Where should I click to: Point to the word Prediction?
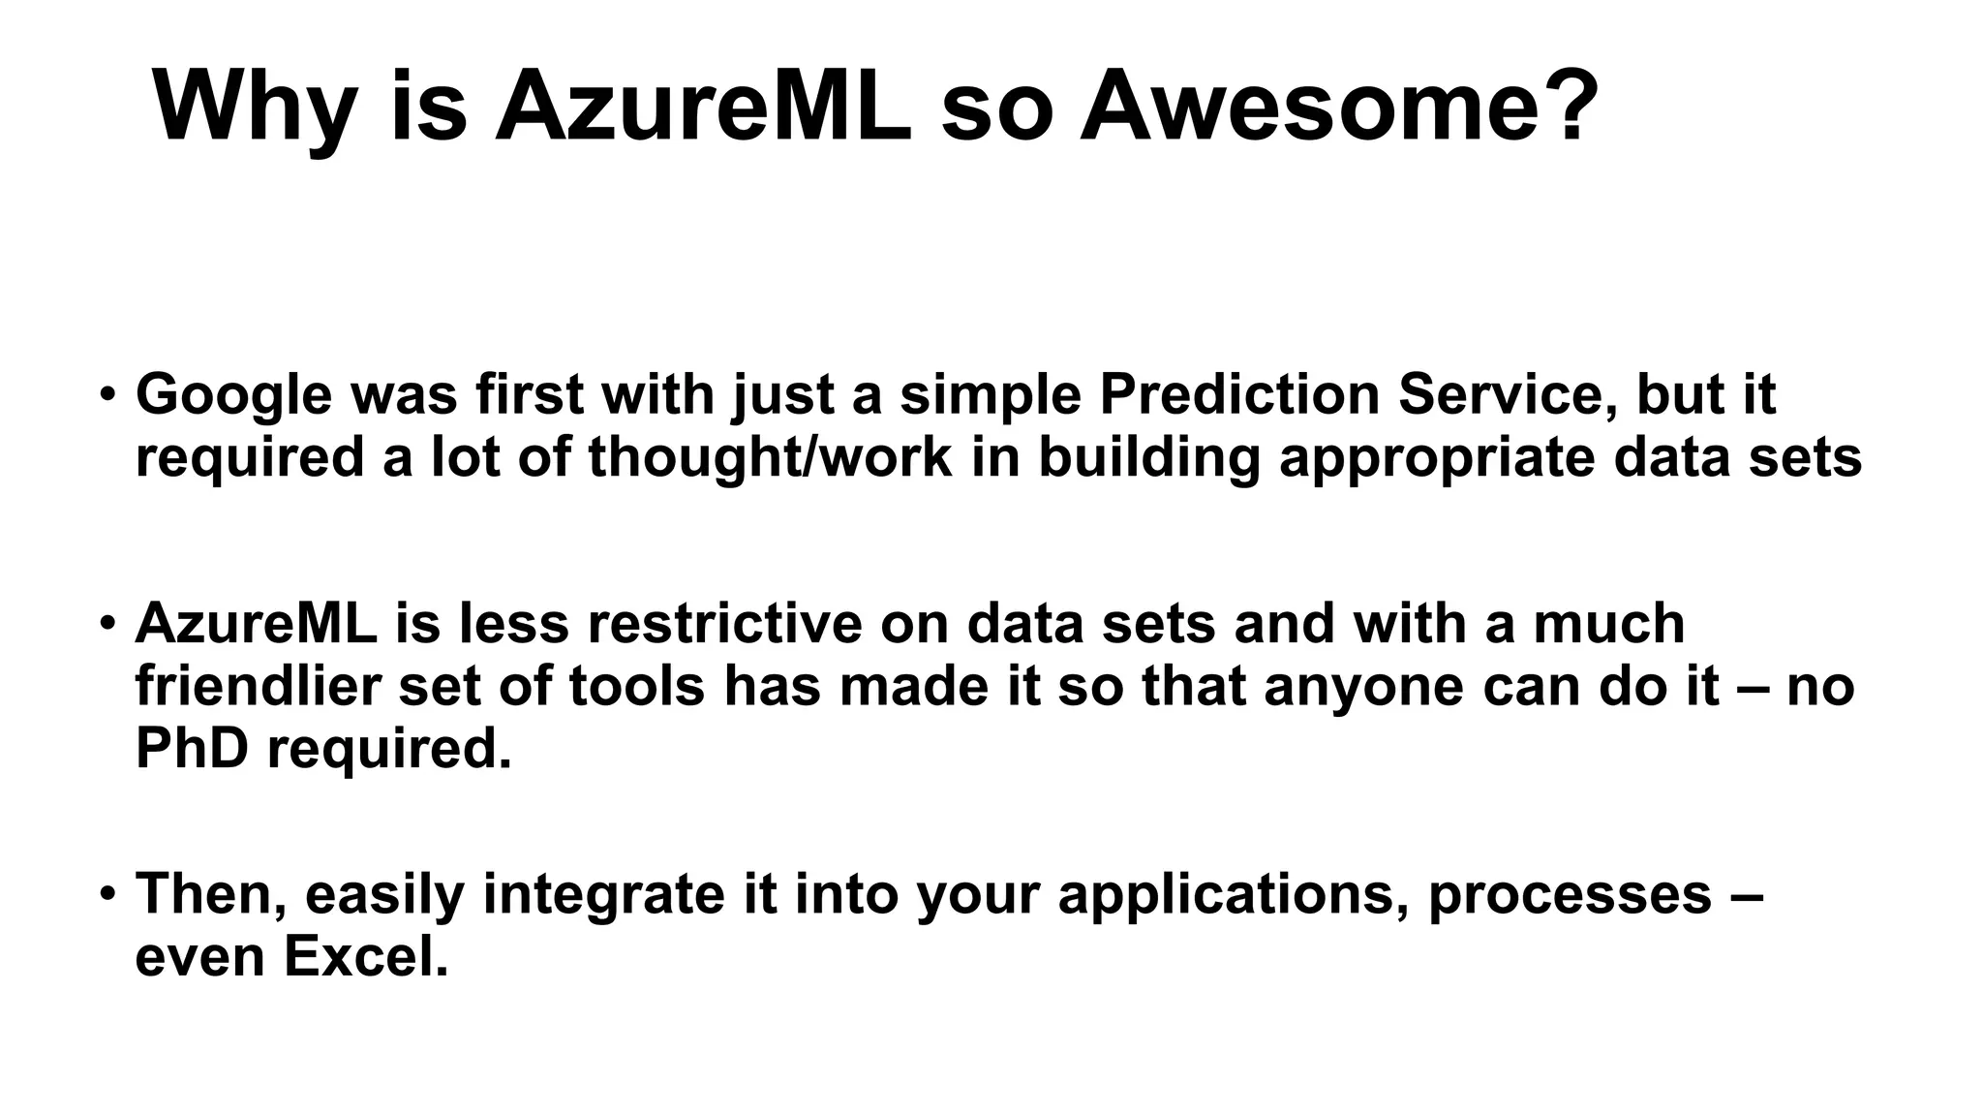tap(1238, 394)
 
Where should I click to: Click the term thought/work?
tap(770, 457)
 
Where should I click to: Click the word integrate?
tap(603, 894)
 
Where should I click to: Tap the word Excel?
tap(366, 957)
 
